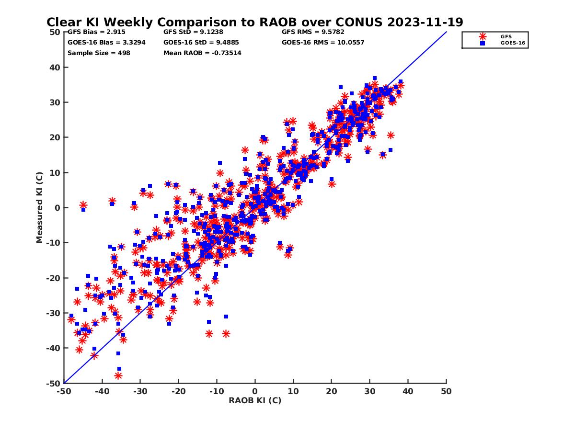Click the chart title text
pos(254,22)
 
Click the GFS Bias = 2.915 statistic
pos(91,32)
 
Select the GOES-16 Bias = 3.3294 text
pos(106,42)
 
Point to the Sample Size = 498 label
pos(99,53)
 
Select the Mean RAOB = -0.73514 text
pos(202,53)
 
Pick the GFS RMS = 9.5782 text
pos(313,32)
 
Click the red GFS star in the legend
pos(483,36)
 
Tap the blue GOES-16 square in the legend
pos(483,43)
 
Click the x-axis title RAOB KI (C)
pos(255,400)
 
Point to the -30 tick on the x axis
pos(140,391)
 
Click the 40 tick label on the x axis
pos(408,391)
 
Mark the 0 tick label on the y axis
pos(57,207)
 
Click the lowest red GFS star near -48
pos(118,375)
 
